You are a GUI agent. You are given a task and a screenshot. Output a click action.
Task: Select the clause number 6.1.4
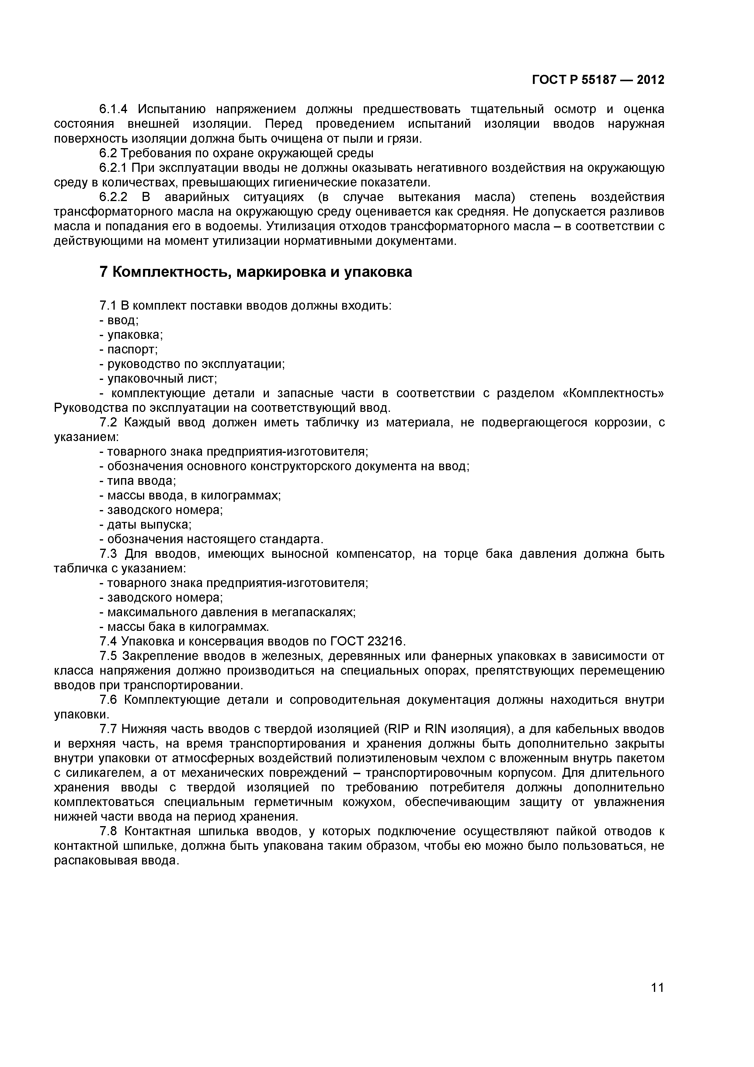[x=113, y=110]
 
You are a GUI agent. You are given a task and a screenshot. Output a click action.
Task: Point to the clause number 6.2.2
[x=113, y=197]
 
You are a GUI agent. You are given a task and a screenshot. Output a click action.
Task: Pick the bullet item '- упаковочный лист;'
[x=158, y=379]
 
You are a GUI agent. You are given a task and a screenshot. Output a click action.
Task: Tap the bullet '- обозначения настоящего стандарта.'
[x=211, y=540]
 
